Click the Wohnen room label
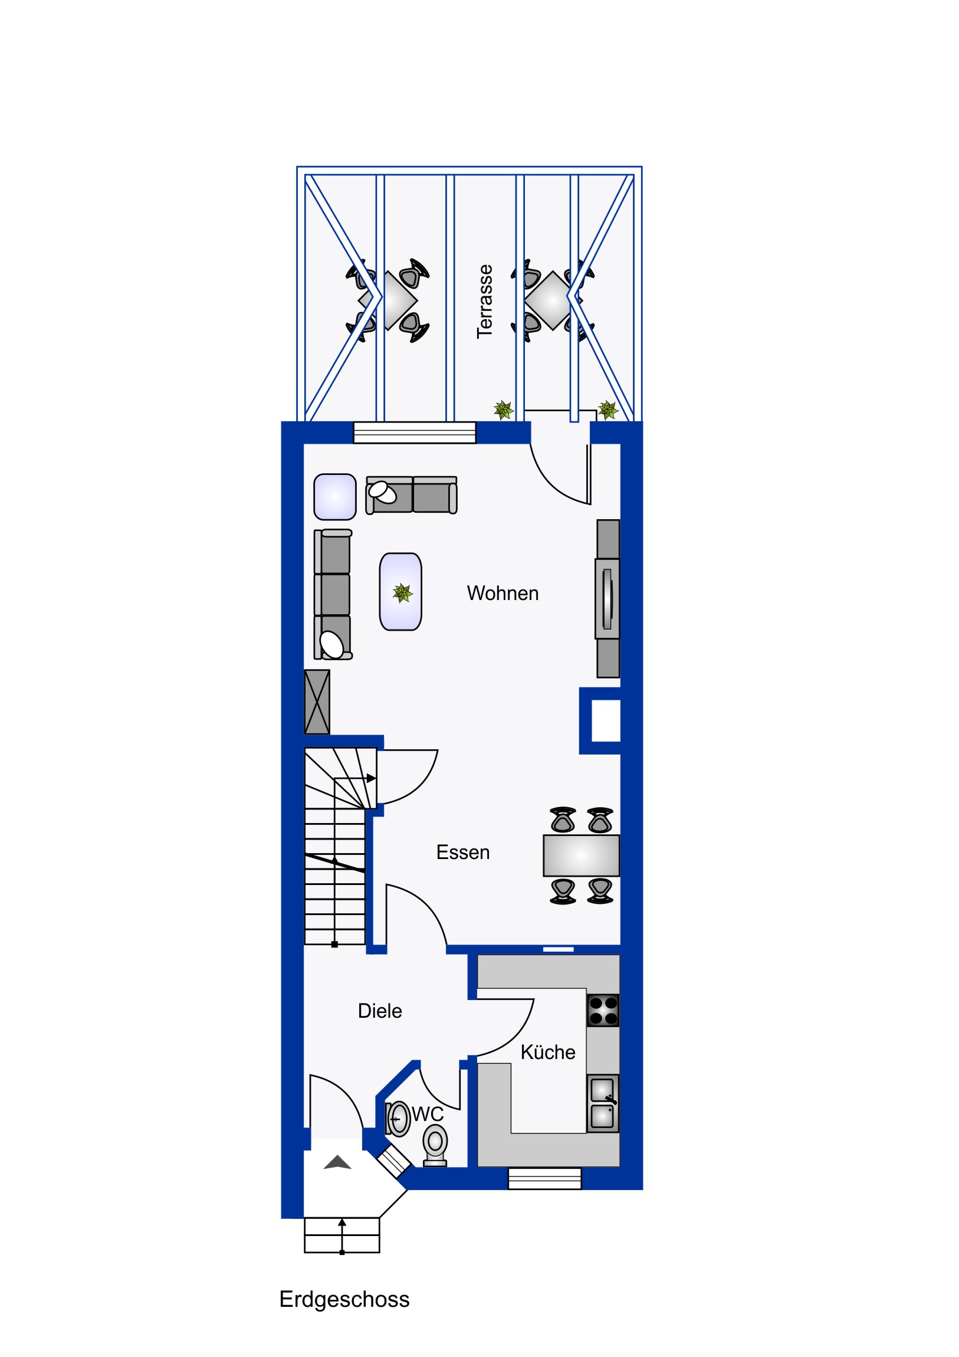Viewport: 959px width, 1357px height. [x=503, y=594]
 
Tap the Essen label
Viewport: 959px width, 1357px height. [x=462, y=853]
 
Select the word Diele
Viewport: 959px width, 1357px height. [x=380, y=1011]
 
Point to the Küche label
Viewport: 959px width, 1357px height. [x=548, y=1053]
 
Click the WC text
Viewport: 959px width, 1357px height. [x=427, y=1115]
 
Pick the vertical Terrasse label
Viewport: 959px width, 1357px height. [x=485, y=301]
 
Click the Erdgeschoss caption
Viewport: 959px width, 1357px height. [x=344, y=1300]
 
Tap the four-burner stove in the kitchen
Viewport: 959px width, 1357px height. [x=603, y=1010]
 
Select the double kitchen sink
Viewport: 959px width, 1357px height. [x=603, y=1103]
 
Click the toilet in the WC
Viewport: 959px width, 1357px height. [x=435, y=1145]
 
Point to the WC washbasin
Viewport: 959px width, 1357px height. [x=398, y=1119]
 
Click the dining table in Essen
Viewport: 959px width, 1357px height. [x=581, y=855]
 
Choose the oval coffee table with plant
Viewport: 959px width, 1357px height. [x=400, y=592]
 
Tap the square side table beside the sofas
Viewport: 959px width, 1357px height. [x=335, y=496]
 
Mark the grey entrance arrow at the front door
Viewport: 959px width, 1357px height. [x=337, y=1162]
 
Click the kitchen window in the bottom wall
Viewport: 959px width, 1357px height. [x=545, y=1178]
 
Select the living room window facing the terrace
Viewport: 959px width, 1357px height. [x=414, y=432]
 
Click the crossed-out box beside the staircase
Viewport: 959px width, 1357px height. [x=317, y=702]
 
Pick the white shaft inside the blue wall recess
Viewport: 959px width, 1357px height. [x=606, y=720]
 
